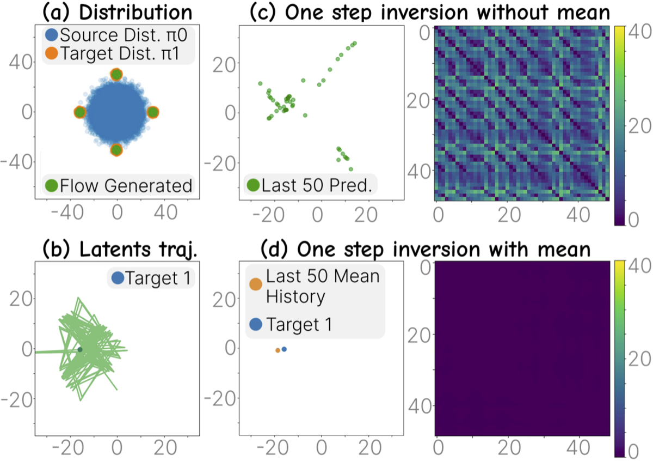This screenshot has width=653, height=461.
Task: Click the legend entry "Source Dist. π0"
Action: tap(118, 36)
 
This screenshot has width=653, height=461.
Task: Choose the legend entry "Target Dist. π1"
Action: tap(118, 53)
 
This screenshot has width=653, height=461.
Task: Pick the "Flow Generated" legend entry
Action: tap(119, 186)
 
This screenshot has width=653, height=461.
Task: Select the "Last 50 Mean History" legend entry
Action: tap(316, 286)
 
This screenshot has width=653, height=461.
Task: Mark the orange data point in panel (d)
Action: tap(278, 350)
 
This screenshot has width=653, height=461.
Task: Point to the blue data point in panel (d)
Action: tap(284, 349)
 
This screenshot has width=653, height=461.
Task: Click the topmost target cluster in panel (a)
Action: tap(116, 75)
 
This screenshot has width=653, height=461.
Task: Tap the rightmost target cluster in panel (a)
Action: tap(153, 112)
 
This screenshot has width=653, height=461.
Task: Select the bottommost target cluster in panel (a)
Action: tap(116, 149)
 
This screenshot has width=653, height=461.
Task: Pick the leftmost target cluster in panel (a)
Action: tap(79, 112)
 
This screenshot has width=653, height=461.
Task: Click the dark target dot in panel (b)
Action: tap(80, 349)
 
